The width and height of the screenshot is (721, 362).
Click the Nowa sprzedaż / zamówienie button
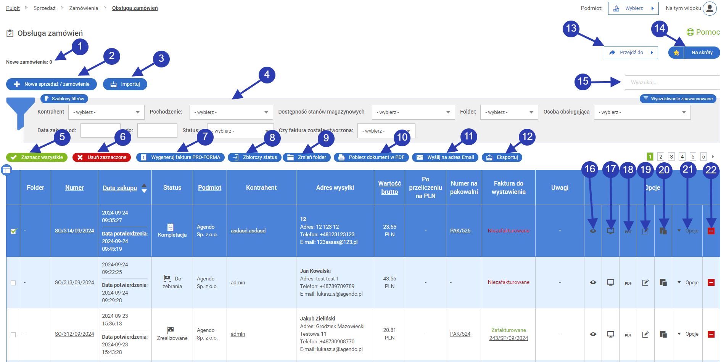pyautogui.click(x=51, y=84)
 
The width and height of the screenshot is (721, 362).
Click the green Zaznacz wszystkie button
pyautogui.click(x=37, y=157)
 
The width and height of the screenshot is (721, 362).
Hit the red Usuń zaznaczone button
pyautogui.click(x=102, y=157)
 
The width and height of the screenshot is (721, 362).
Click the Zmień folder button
pyautogui.click(x=307, y=157)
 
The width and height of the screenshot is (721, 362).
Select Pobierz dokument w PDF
pyautogui.click(x=372, y=157)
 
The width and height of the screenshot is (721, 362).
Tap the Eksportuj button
pyautogui.click(x=502, y=157)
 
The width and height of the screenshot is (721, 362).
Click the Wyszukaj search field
pyautogui.click(x=672, y=83)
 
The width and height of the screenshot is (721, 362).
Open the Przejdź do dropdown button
pyautogui.click(x=631, y=53)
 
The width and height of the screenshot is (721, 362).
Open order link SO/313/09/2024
pyautogui.click(x=74, y=283)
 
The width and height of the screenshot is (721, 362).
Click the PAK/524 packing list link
pyautogui.click(x=460, y=334)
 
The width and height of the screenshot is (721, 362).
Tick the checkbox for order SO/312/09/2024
pyautogui.click(x=13, y=335)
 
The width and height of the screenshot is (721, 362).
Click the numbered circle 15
pyautogui.click(x=583, y=82)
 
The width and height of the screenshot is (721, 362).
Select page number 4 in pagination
pyautogui.click(x=682, y=157)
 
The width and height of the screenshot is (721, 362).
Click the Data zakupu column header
pyautogui.click(x=120, y=188)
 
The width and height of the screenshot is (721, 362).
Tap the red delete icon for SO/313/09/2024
pyautogui.click(x=711, y=283)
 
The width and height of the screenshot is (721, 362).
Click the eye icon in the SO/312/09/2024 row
pyautogui.click(x=593, y=334)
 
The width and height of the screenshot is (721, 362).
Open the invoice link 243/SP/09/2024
pyautogui.click(x=509, y=338)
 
